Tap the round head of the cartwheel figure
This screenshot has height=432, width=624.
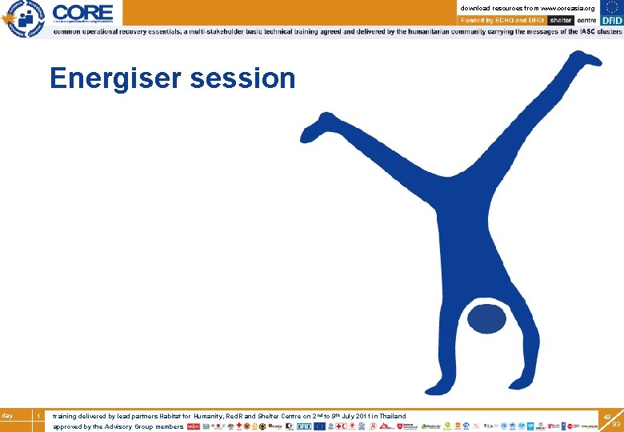pyautogui.click(x=486, y=319)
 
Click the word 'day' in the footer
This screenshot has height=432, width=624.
pyautogui.click(x=7, y=415)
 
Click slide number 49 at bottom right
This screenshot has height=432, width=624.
pyautogui.click(x=607, y=417)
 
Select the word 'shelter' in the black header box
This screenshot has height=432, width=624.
pyautogui.click(x=561, y=20)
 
